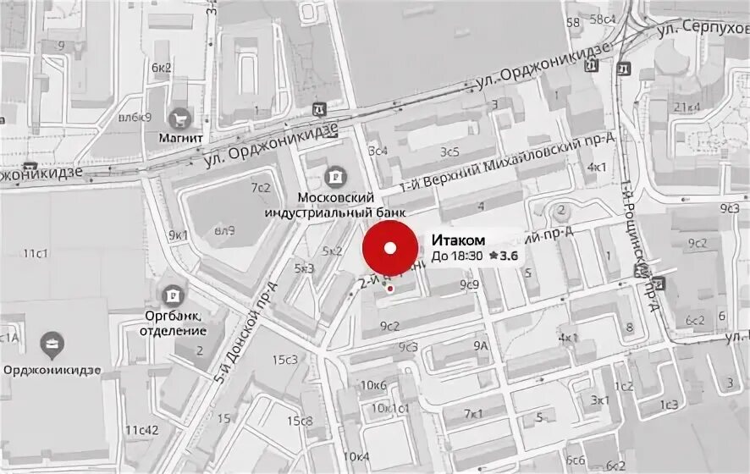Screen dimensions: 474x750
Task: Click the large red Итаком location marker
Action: pos(390,248)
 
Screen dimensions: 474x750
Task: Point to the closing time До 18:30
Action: pos(457,256)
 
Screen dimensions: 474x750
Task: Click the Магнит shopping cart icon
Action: pos(179,118)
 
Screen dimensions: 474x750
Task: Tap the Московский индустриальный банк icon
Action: pos(336,177)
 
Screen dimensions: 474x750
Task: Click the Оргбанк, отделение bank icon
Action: pos(173,295)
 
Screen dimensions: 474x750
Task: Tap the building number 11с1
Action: pos(36,253)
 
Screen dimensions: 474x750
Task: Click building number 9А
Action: pos(481,345)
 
